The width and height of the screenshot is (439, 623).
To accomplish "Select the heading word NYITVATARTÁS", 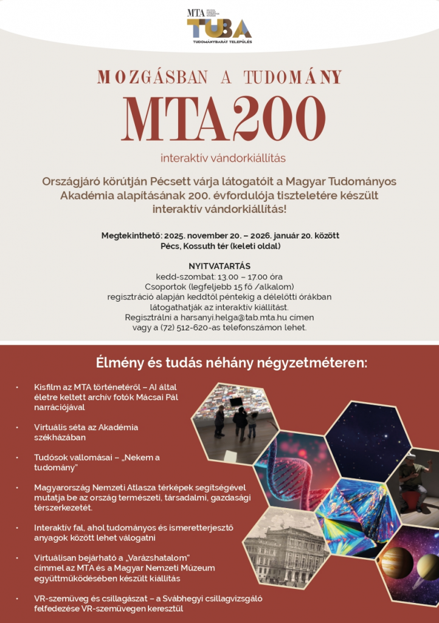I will (219, 266).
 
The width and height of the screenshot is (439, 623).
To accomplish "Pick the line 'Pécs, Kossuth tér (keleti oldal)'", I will (219, 246).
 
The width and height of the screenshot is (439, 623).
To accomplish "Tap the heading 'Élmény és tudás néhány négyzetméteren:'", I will (232, 363).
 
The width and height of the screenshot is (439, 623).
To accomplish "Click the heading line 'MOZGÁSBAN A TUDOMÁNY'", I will (219, 77).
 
